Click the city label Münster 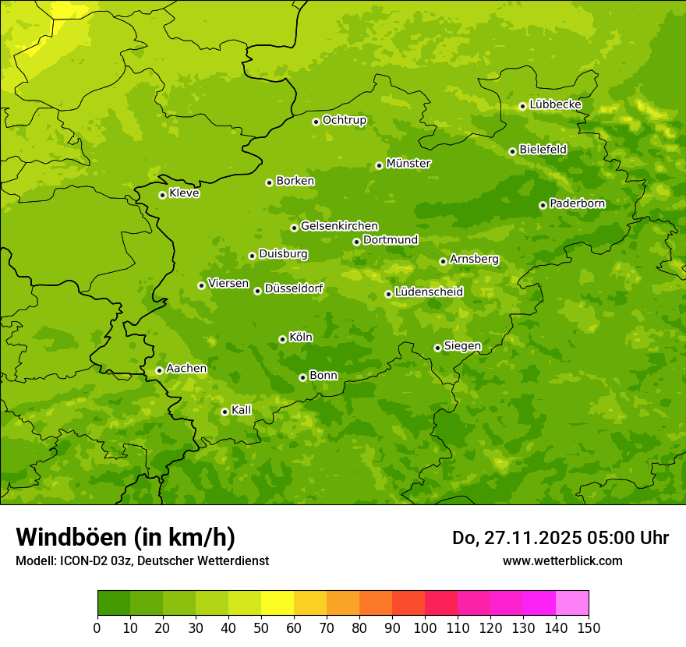point(408,164)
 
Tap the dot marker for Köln point(282,339)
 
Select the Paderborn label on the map point(577,203)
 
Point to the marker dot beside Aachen point(159,370)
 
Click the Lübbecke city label point(555,104)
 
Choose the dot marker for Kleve point(162,195)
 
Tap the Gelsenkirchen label point(339,226)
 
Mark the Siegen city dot point(437,348)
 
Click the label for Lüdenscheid point(429,292)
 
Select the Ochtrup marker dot point(316,122)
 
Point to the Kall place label point(242,410)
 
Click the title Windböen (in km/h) point(126,537)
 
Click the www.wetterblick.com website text point(562,560)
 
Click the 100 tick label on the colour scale point(425,628)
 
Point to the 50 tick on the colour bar point(261,628)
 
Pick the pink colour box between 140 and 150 point(572,603)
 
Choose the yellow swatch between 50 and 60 point(278,603)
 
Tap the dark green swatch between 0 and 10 point(114,603)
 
